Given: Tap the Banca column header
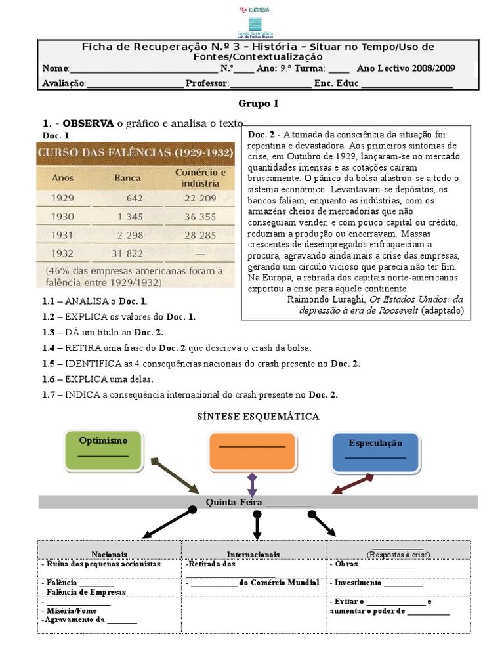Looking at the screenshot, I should (127, 177).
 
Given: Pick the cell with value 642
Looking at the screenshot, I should (135, 198).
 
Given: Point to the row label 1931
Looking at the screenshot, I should (63, 234).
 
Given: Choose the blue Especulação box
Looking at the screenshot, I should (375, 452).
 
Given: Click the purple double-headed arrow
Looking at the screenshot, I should (252, 485).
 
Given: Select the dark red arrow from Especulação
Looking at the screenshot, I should (353, 486).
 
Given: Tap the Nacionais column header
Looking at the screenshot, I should (110, 554).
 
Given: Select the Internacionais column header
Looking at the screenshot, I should (253, 554).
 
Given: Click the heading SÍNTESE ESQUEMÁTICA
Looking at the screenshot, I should (258, 417).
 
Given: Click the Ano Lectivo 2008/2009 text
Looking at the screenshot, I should (406, 69).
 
